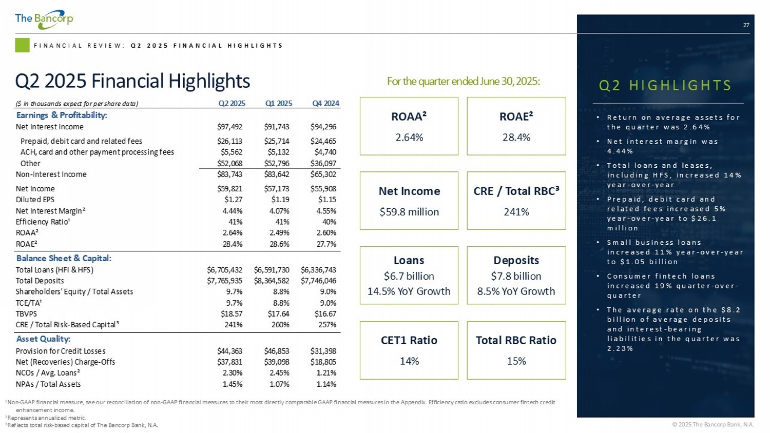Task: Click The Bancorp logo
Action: (x=44, y=19)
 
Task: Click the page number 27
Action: (x=746, y=25)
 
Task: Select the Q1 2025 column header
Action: (x=278, y=103)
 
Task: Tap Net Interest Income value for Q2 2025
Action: (x=229, y=127)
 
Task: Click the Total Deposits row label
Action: (x=40, y=281)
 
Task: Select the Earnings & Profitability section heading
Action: (x=62, y=115)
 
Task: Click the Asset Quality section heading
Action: (x=43, y=339)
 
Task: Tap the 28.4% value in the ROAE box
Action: (x=516, y=137)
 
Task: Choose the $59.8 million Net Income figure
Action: (x=409, y=212)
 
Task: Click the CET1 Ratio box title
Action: (x=409, y=340)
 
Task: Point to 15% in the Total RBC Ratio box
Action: (x=516, y=361)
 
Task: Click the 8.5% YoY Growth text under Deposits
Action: (x=516, y=291)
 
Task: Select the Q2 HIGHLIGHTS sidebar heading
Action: (x=665, y=85)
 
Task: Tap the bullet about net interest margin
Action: (x=662, y=146)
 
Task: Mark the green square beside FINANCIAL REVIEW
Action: (x=22, y=45)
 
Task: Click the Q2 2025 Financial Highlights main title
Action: (x=132, y=81)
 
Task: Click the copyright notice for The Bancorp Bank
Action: (x=713, y=424)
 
